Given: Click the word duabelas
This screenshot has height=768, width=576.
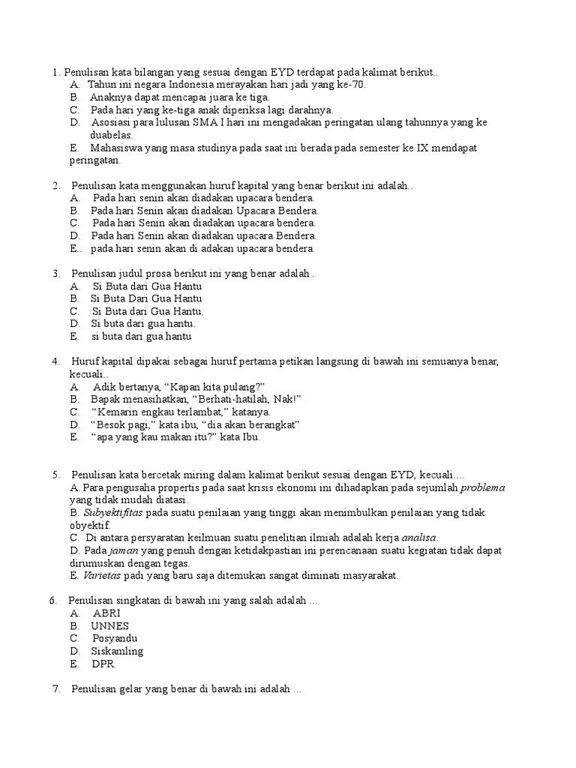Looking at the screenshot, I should click(x=112, y=135).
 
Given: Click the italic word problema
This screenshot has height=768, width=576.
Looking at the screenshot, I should click(x=482, y=487).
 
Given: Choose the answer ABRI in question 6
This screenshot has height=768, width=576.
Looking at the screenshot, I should click(x=107, y=613).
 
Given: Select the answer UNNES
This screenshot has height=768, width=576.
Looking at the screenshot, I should click(x=110, y=625).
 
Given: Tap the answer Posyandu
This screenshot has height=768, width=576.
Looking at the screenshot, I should click(x=116, y=638).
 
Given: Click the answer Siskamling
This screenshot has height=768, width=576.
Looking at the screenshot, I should click(x=117, y=651).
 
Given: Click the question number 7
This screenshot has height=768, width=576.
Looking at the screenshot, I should click(x=56, y=689).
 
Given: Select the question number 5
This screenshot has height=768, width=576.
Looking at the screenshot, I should click(x=56, y=475).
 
